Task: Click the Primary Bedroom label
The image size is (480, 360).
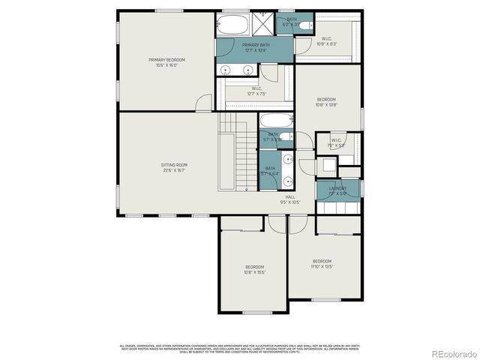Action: [x=166, y=62]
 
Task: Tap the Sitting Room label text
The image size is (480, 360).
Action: [x=174, y=167]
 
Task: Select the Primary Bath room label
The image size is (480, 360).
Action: [x=255, y=48]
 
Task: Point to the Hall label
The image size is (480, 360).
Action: [x=289, y=199]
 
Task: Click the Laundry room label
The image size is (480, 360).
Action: [x=337, y=190]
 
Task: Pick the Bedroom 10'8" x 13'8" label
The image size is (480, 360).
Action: [x=326, y=102]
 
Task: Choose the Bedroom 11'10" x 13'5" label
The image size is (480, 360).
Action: [x=321, y=263]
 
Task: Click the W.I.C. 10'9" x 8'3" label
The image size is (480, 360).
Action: [x=327, y=41]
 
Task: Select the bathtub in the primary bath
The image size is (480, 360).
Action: [x=233, y=25]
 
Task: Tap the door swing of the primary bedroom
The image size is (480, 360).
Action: [x=203, y=103]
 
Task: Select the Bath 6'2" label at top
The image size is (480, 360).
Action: [x=290, y=22]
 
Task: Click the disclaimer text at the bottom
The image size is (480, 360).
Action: [x=240, y=348]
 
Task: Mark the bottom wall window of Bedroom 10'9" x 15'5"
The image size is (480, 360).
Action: [x=256, y=312]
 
